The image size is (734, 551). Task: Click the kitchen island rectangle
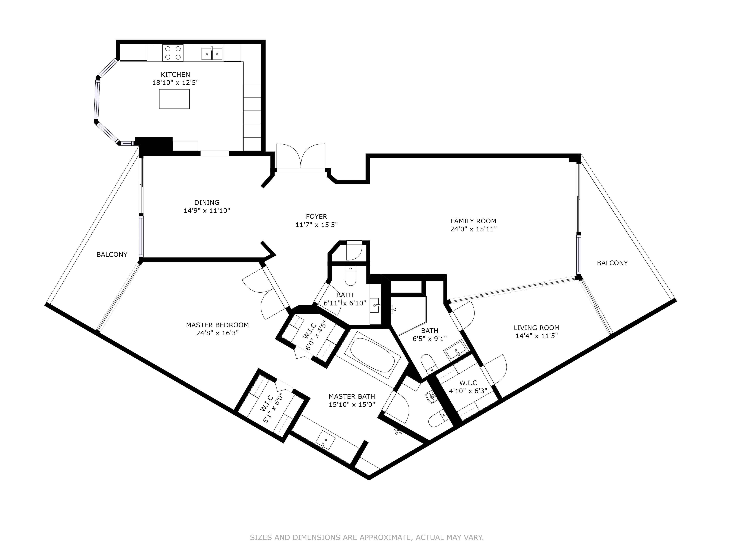point(174,99)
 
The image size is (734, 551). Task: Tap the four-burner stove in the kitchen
point(173,53)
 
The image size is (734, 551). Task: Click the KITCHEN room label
point(176,74)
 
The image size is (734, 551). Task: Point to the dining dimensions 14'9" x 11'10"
point(207,210)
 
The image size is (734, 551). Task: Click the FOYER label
point(317,217)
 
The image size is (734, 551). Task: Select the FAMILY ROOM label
point(473,221)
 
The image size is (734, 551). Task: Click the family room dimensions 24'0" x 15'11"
point(473,229)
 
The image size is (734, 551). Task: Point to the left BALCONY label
point(112,254)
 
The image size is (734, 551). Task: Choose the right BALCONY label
point(612,263)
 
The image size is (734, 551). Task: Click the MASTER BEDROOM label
point(217,325)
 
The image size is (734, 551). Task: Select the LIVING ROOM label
point(537,328)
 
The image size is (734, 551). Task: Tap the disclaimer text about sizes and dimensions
point(367,518)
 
